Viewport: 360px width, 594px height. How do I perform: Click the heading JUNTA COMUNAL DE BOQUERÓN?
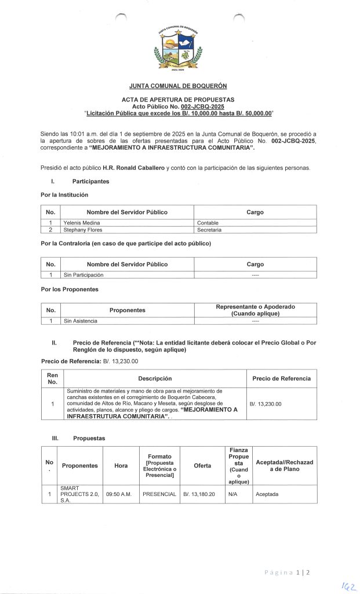point(179,86)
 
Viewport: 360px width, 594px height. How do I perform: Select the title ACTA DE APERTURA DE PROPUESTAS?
point(179,100)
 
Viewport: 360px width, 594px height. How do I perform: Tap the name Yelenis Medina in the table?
point(81,222)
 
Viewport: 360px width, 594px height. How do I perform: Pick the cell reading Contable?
point(209,222)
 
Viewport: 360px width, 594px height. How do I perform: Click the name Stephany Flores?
point(83,229)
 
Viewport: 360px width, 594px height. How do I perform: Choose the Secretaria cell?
point(210,229)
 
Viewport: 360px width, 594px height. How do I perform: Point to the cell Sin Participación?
point(83,274)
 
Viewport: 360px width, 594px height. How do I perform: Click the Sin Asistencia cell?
point(81,320)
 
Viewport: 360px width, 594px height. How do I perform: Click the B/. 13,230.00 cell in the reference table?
point(266,403)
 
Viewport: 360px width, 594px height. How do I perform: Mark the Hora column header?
point(121,465)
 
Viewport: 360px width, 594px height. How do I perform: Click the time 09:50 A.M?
point(121,495)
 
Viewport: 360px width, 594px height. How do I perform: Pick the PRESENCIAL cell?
point(159,495)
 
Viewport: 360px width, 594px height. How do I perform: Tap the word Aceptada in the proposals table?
point(267,495)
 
